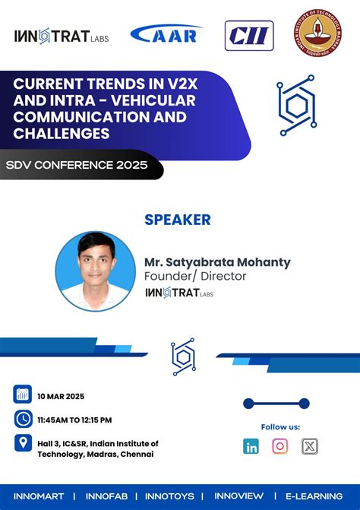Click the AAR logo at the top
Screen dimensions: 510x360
pyautogui.click(x=166, y=34)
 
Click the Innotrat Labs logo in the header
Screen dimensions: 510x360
pyautogui.click(x=62, y=36)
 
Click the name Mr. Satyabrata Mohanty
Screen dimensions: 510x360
pyautogui.click(x=217, y=262)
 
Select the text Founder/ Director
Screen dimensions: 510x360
pyautogui.click(x=195, y=277)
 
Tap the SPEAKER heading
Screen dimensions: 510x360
pyautogui.click(x=178, y=220)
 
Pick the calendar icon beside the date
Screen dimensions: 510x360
pyautogui.click(x=23, y=394)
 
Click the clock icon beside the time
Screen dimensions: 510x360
pyautogui.click(x=23, y=419)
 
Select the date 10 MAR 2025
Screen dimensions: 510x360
pyautogui.click(x=60, y=396)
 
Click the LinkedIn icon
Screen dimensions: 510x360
pyautogui.click(x=251, y=446)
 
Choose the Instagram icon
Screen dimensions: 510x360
pyautogui.click(x=280, y=446)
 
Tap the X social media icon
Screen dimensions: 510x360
pyautogui.click(x=309, y=446)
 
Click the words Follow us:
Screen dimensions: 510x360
pyautogui.click(x=280, y=427)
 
